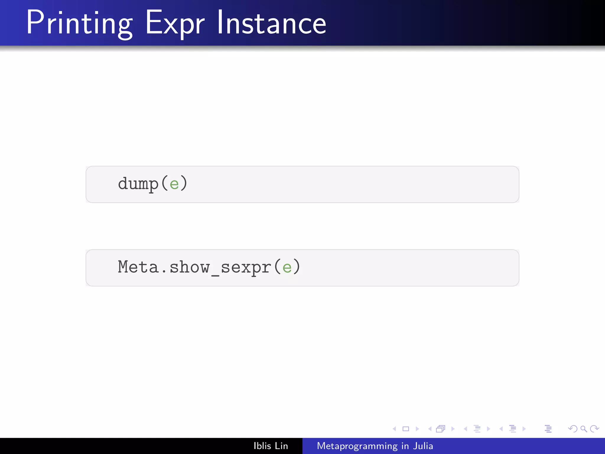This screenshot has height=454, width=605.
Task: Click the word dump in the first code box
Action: coord(138,184)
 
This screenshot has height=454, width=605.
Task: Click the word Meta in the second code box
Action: coord(138,267)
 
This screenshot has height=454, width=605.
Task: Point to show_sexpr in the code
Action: coord(220,267)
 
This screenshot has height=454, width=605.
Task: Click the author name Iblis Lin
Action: coord(271,446)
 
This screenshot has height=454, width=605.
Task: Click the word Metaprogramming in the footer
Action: coord(357,446)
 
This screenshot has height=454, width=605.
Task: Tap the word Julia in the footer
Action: coord(423,446)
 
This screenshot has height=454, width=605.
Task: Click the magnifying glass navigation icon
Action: coord(583,429)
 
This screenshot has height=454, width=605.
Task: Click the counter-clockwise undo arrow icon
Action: coord(573,429)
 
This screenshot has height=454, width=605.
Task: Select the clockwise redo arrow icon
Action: coord(594,429)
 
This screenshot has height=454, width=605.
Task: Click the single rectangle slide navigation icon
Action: coord(406,429)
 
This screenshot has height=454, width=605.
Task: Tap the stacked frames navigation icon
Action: coord(440,429)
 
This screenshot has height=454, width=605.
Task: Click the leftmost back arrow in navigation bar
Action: coord(394,429)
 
